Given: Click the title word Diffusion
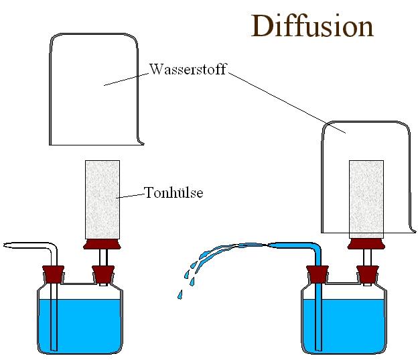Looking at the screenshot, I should [311, 25].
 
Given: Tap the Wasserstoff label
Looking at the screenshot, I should [188, 69].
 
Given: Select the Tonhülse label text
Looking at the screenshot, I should [173, 194].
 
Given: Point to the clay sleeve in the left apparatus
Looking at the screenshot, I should [102, 200].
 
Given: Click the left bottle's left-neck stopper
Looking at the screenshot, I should [54, 274].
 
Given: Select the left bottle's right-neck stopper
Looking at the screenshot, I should [102, 274].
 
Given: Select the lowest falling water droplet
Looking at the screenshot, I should [180, 294].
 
